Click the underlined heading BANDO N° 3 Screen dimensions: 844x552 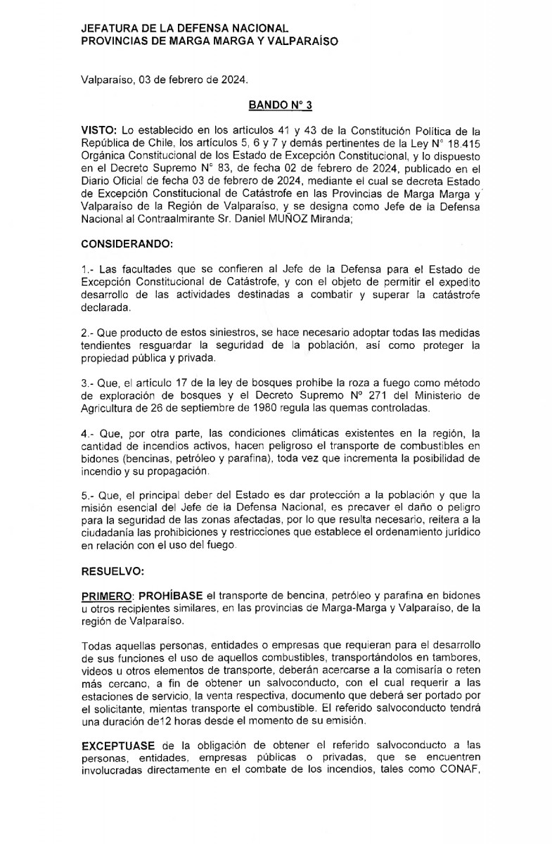click(x=280, y=105)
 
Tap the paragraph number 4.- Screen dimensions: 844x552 click(x=89, y=433)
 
